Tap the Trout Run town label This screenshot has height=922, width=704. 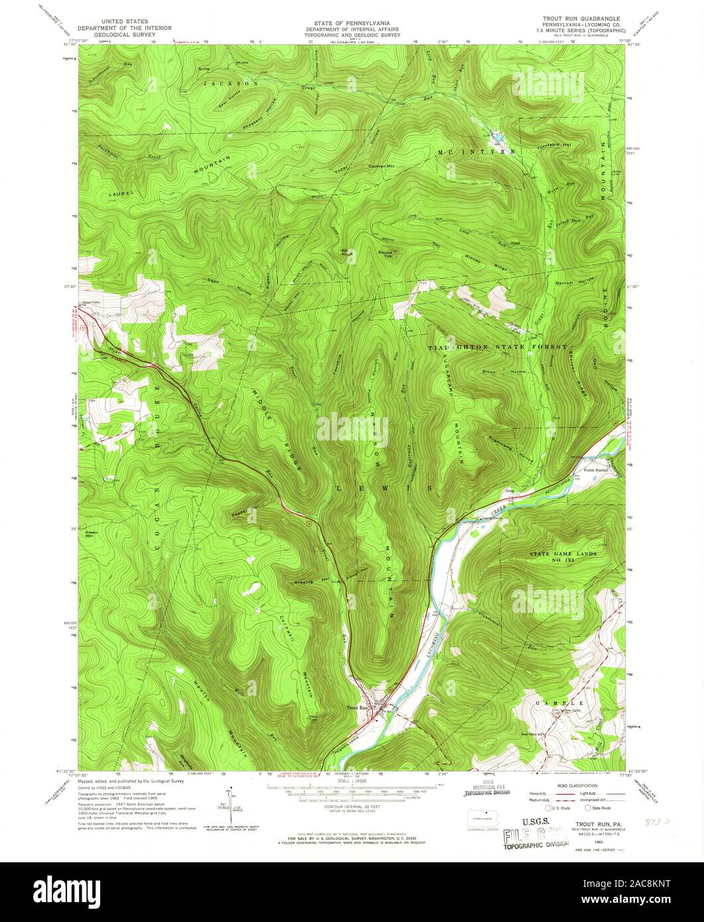click(358, 708)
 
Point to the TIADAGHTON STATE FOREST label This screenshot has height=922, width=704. click(498, 348)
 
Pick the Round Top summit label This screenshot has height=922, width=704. click(386, 254)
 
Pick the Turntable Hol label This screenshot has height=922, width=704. click(557, 145)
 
